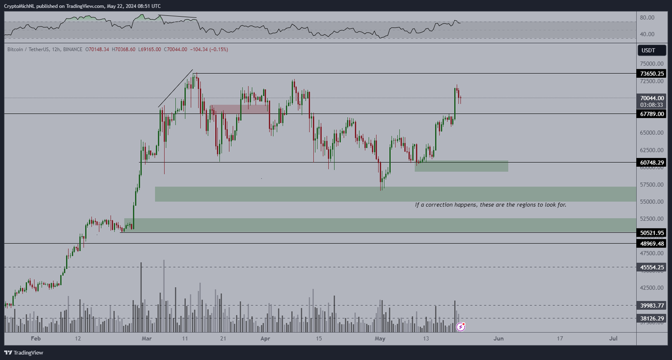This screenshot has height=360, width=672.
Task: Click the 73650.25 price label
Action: tap(652, 73)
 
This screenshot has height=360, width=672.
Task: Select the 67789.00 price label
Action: tap(652, 114)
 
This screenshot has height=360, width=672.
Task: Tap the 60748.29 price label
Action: tap(652, 162)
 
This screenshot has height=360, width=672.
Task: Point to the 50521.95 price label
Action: tap(652, 232)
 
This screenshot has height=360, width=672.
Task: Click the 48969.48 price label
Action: tap(652, 243)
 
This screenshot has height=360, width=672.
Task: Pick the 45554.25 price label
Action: tap(652, 267)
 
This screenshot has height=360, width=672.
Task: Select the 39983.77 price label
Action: tap(652, 305)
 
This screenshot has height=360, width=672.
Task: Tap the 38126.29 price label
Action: tap(652, 318)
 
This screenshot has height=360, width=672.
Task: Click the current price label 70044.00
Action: tap(652, 97)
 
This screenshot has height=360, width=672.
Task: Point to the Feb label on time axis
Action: tap(36, 339)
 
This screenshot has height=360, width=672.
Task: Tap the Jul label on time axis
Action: tap(613, 339)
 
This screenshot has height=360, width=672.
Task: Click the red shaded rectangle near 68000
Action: tap(239, 109)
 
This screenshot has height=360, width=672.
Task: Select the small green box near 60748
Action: tap(461, 166)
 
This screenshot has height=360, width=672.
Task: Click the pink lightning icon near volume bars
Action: tap(461, 326)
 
